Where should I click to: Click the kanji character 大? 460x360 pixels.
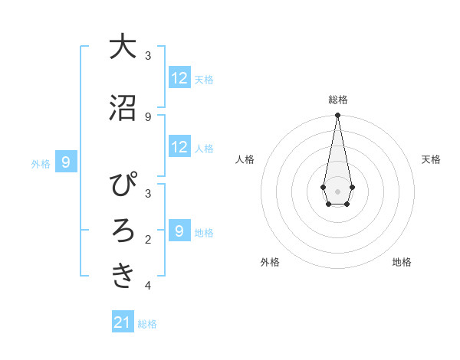tap(123, 47)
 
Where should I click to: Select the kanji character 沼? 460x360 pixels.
tap(123, 108)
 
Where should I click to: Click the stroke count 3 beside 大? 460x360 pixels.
tap(148, 56)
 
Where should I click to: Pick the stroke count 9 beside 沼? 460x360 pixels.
tap(148, 116)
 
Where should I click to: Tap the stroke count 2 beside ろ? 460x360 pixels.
tap(148, 240)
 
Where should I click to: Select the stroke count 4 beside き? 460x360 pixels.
tap(148, 286)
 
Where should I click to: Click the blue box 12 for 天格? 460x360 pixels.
tap(179, 78)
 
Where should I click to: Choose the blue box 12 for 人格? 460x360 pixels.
tap(179, 147)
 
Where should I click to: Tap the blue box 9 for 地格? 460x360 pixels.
tap(179, 231)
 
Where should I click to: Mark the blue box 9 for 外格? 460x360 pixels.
tap(66, 162)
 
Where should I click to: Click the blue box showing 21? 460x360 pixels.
tap(123, 322)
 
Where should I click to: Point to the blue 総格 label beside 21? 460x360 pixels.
tap(147, 324)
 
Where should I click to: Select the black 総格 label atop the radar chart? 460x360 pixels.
tap(337, 100)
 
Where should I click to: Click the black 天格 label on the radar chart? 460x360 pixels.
tap(431, 159)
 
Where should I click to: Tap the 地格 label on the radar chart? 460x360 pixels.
tap(402, 262)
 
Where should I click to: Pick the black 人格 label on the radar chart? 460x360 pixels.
tap(245, 159)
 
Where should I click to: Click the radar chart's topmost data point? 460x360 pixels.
tap(337, 116)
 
